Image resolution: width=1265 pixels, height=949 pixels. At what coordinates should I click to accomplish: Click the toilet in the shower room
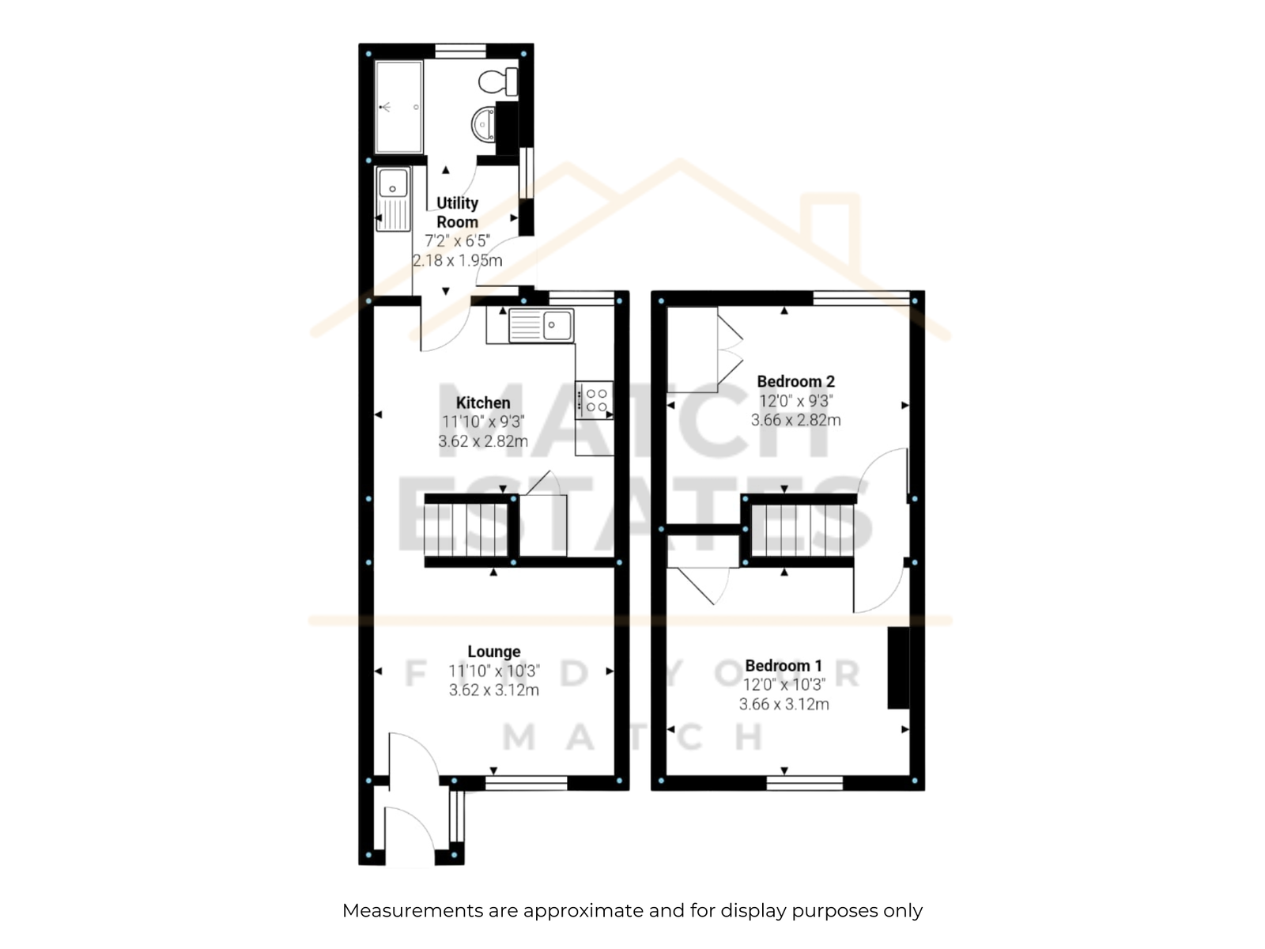point(498,81)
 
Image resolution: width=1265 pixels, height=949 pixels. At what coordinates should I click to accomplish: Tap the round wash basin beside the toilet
point(483,123)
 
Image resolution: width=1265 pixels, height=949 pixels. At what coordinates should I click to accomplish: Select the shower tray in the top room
point(398,108)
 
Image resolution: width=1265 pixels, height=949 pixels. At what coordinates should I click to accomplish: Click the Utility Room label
point(457,212)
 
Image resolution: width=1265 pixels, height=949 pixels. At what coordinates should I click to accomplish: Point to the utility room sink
point(393,198)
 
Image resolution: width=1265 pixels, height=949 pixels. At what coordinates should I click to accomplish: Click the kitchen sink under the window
point(541,326)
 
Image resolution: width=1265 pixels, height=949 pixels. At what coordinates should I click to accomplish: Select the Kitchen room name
point(483,403)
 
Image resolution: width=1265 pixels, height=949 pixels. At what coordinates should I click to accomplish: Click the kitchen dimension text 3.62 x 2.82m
point(483,441)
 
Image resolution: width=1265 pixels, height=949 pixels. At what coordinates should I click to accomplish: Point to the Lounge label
point(494,652)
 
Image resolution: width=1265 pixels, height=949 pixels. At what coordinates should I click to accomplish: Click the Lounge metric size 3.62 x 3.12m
point(494,690)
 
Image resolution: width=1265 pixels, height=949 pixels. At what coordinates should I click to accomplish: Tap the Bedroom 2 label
point(796,381)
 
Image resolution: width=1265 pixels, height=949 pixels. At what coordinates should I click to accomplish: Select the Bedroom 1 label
point(784,666)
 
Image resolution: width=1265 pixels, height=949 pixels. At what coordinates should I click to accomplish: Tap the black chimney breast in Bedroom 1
point(898,667)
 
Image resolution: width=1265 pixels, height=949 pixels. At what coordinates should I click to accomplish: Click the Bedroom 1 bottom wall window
point(805,783)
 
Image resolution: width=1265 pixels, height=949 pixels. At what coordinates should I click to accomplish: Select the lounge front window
point(527,783)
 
